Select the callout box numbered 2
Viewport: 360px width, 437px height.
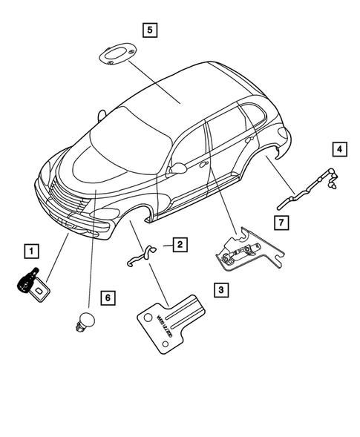(x=180, y=243)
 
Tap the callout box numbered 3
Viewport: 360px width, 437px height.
(x=220, y=290)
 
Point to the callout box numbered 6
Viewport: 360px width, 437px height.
(x=107, y=298)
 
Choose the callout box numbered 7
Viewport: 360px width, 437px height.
(x=281, y=222)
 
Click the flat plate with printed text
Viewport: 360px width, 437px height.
(x=170, y=318)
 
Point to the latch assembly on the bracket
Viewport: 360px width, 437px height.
(x=241, y=249)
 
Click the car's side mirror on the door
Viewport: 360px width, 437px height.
(x=177, y=168)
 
